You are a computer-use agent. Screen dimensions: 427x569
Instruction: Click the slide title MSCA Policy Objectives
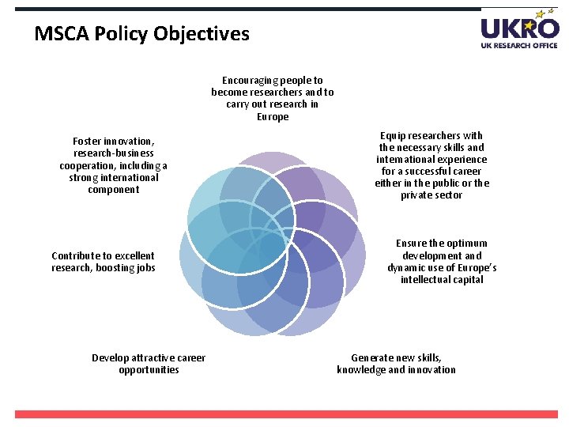tap(142, 34)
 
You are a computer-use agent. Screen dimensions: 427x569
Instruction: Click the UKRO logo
tap(519, 28)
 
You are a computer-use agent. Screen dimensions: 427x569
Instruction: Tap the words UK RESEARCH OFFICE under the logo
tap(519, 45)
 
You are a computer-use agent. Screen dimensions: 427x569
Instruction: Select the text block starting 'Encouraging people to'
tap(273, 98)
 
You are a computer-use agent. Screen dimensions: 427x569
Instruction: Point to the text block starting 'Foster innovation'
tap(114, 165)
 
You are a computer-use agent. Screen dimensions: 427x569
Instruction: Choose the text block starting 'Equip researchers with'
tap(431, 165)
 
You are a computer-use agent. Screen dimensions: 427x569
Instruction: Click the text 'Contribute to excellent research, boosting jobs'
tap(103, 262)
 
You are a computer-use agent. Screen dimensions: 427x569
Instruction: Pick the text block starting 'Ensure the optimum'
tap(442, 261)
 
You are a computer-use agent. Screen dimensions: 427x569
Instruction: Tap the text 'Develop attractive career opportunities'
tap(149, 364)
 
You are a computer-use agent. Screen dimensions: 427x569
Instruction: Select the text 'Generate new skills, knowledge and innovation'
tap(396, 364)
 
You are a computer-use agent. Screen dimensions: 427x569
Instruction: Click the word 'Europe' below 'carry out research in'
tap(273, 117)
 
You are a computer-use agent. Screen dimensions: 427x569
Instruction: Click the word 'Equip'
tap(394, 136)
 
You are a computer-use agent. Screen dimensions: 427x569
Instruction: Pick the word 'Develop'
tap(110, 358)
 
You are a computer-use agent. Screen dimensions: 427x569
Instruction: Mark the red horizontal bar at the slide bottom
tap(286, 414)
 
